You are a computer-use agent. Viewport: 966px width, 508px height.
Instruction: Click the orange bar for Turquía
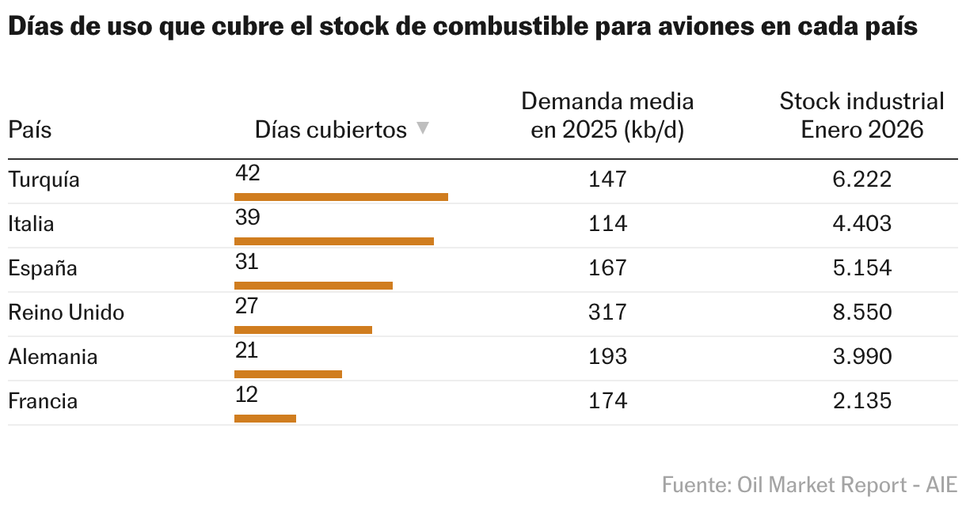[x=341, y=197]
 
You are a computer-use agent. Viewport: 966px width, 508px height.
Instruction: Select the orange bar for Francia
[x=265, y=419]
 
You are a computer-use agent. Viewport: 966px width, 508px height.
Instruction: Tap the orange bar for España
[x=314, y=286]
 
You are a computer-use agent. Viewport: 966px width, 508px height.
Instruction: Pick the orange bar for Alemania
[x=288, y=374]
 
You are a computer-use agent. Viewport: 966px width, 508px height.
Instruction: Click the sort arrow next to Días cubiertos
[x=423, y=128]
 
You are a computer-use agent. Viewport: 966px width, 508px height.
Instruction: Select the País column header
[x=29, y=130]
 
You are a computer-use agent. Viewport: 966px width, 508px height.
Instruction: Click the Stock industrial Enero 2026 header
[x=861, y=116]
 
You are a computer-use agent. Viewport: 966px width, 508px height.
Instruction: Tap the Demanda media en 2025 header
[x=607, y=116]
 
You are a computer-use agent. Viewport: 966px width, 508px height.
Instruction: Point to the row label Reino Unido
[x=66, y=313]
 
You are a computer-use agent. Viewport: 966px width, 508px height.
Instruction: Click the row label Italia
[x=31, y=224]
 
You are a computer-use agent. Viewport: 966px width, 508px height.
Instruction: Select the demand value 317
[x=607, y=313]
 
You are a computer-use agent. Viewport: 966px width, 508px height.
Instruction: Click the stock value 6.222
[x=861, y=180]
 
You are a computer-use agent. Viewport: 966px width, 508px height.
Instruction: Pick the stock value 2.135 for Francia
[x=861, y=401]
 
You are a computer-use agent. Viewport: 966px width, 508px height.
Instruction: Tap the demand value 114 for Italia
[x=607, y=224]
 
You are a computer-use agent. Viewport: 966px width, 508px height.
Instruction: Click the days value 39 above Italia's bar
[x=247, y=218]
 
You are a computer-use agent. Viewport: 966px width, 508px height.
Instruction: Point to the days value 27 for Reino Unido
[x=247, y=306]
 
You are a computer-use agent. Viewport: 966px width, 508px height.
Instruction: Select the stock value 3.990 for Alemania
[x=861, y=357]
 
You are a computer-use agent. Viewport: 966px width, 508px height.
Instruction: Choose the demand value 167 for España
[x=607, y=268]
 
